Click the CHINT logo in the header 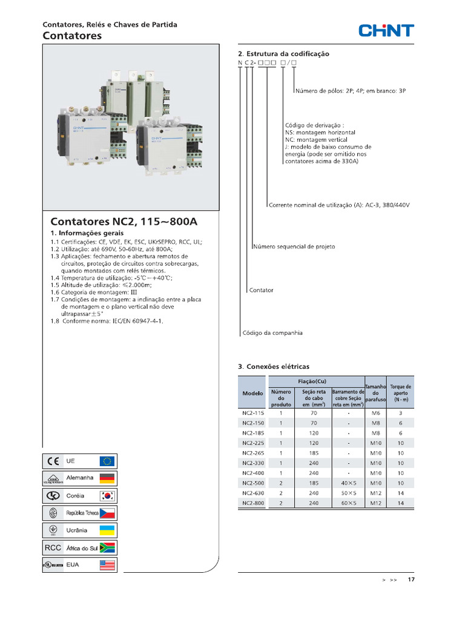pyautogui.click(x=386, y=30)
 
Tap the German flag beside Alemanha pyautogui.click(x=107, y=478)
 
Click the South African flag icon pyautogui.click(x=107, y=548)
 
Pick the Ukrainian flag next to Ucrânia pyautogui.click(x=107, y=530)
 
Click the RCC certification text pyautogui.click(x=53, y=548)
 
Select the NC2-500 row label pyautogui.click(x=252, y=483)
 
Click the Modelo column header pyautogui.click(x=252, y=393)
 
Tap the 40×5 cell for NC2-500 pyautogui.click(x=348, y=483)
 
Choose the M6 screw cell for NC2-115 pyautogui.click(x=375, y=413)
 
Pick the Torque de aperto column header pyautogui.click(x=400, y=393)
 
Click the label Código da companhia pyautogui.click(x=272, y=333)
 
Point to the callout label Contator pyautogui.click(x=262, y=290)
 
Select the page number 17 pyautogui.click(x=411, y=579)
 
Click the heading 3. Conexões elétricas pyautogui.click(x=273, y=366)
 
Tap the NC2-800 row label pyautogui.click(x=252, y=503)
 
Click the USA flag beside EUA pyautogui.click(x=107, y=566)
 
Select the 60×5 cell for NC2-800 pyautogui.click(x=348, y=503)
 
